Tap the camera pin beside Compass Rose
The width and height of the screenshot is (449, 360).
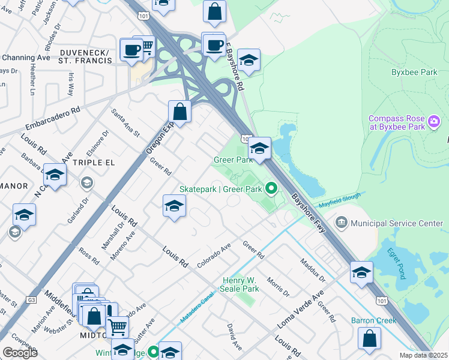coord(434,122)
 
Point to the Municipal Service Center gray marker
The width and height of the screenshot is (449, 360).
coord(342,223)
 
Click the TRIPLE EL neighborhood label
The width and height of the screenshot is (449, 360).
coord(93,163)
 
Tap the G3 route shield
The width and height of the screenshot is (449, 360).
coord(32,299)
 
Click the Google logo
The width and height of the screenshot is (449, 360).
coord(20,353)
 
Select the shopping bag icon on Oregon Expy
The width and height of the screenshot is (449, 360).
coord(179,112)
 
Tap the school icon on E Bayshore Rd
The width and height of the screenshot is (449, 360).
coord(249,60)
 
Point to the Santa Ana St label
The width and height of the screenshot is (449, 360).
coord(125,122)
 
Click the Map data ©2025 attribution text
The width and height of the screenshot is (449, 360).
coord(424,355)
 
